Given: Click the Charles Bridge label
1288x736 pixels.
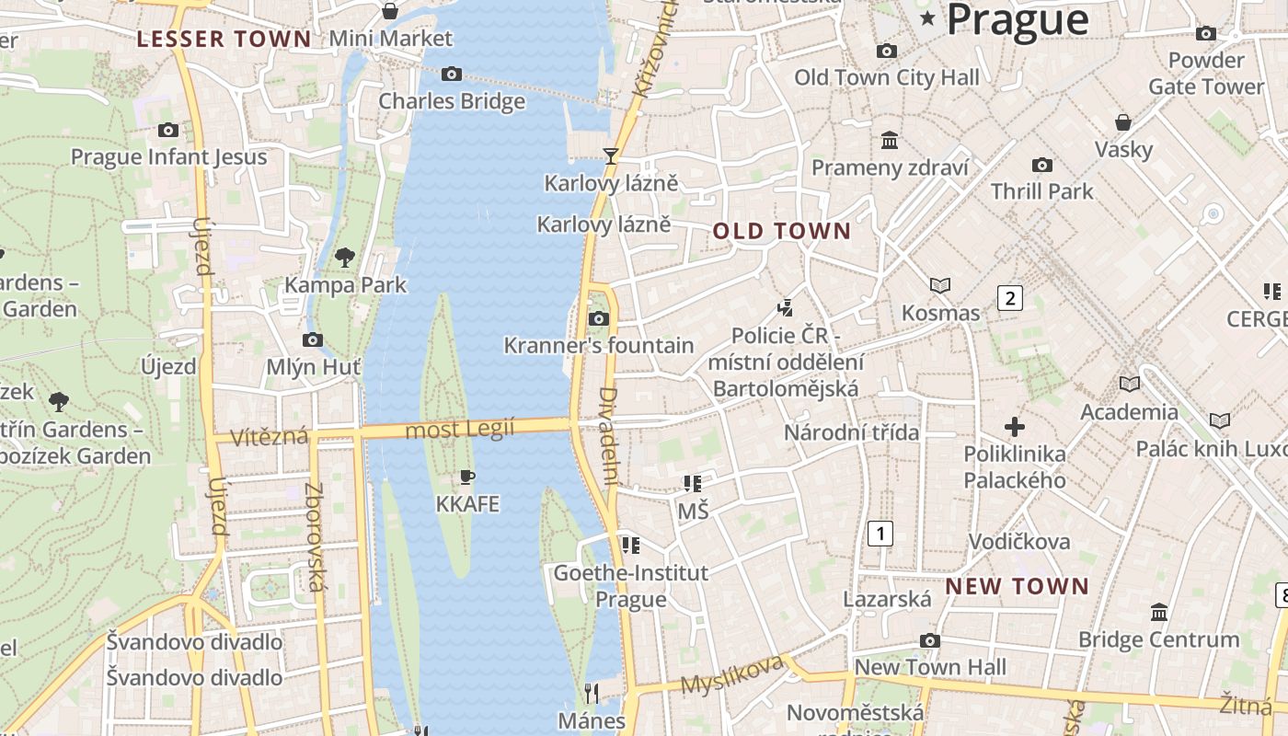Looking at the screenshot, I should coord(452,100).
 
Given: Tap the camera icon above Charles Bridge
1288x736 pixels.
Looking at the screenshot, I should coord(452,74).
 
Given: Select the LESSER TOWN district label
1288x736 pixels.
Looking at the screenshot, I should coord(224,39).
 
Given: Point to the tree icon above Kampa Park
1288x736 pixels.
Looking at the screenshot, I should coord(345,258).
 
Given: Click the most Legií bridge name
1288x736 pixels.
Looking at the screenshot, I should coord(460,429).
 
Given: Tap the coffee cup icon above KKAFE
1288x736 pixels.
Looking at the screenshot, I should coord(467,477).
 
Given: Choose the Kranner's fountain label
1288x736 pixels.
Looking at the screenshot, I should coord(599,346).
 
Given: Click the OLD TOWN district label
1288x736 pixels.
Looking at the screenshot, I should coord(782,231).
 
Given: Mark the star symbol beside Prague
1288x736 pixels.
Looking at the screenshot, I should coord(926,18).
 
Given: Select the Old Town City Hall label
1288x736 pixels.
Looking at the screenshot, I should coord(887,77).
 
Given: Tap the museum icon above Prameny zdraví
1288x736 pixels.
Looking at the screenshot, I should coord(890,140).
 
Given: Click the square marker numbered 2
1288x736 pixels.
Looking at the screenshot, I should coord(1010,297).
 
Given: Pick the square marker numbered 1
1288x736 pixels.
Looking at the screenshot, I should coord(880,533).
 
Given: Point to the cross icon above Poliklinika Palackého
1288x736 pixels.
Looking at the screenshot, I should coord(1015,427).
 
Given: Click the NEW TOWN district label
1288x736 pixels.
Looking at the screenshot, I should coord(1017,586).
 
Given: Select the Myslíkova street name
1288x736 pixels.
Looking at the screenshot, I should coord(732,674).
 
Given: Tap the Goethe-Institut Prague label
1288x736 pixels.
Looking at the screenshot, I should coord(630,586).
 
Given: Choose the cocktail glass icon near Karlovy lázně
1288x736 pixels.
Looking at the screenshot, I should coord(610,155).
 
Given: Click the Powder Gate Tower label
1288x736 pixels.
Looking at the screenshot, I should coord(1205,73).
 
